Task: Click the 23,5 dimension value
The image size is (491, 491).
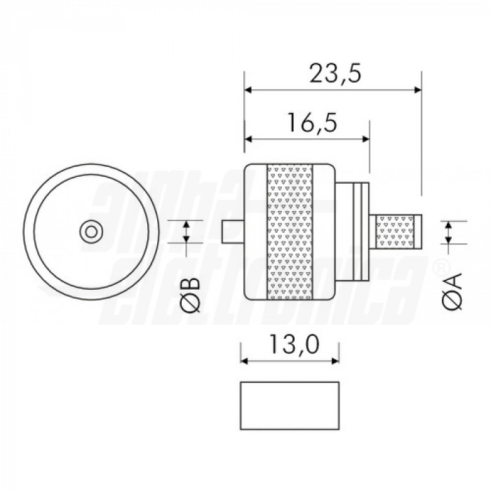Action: pyautogui.click(x=335, y=74)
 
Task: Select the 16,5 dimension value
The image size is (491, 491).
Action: pyautogui.click(x=313, y=123)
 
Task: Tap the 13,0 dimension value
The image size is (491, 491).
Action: pyautogui.click(x=295, y=344)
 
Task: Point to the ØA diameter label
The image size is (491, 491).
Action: pyautogui.click(x=453, y=292)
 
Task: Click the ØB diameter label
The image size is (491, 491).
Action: pyautogui.click(x=190, y=295)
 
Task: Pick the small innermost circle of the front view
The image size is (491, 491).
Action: pyautogui.click(x=91, y=232)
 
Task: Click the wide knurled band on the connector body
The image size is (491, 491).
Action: pyautogui.click(x=290, y=232)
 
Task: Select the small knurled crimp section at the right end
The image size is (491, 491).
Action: pyautogui.click(x=395, y=232)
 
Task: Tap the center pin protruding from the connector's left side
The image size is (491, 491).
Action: pyautogui.click(x=233, y=232)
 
